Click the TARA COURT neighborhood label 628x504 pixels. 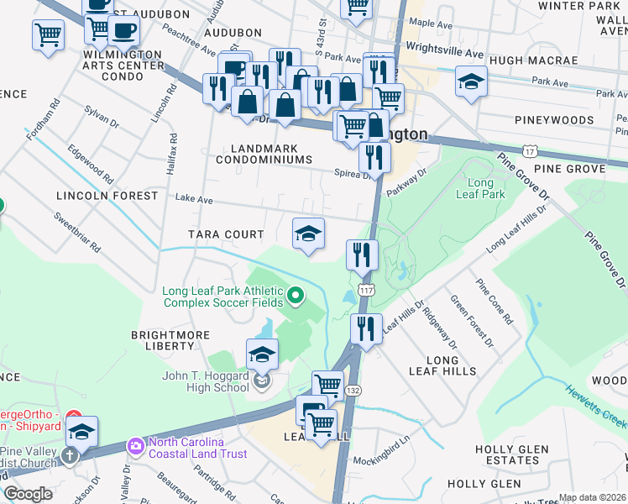point(226,234)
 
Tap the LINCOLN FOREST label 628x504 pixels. point(107,196)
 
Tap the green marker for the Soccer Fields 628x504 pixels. point(295,295)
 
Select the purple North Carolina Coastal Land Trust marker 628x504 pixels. point(134,444)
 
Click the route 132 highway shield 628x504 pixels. point(354,391)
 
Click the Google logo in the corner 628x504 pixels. point(29,494)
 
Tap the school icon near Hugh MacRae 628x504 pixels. point(471,82)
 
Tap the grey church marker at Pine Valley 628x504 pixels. point(70,455)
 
